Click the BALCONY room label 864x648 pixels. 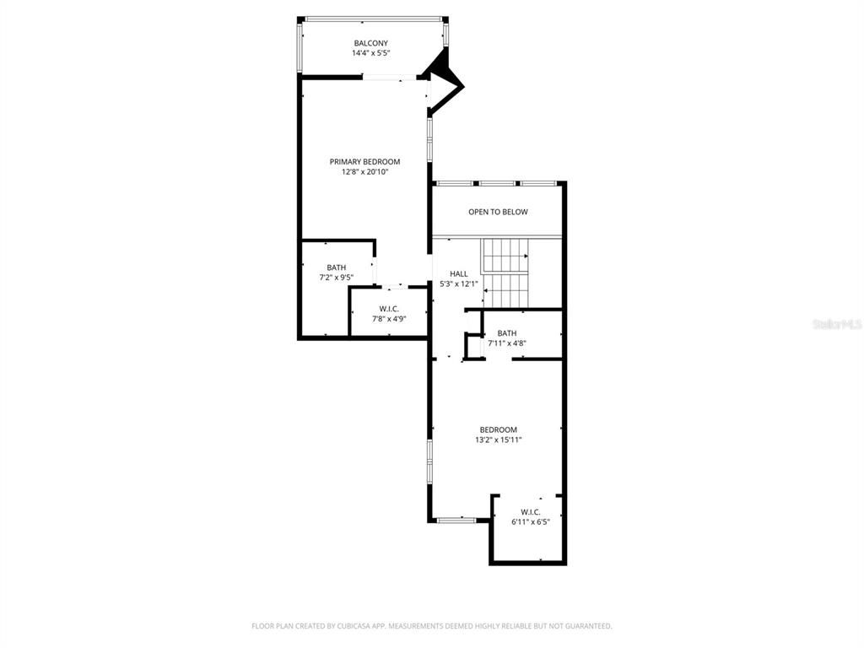tap(370, 43)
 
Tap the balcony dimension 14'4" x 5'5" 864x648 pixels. tap(370, 53)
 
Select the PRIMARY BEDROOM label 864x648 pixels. tap(364, 161)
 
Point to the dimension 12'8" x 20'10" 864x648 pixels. tap(364, 171)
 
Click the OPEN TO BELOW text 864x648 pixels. tap(498, 212)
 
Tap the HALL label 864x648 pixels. tap(458, 273)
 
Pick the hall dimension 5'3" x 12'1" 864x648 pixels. tap(458, 283)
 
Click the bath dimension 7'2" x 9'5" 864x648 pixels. tap(336, 277)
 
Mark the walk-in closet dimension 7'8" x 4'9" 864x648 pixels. tap(389, 319)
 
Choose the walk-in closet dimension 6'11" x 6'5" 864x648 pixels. tap(530, 521)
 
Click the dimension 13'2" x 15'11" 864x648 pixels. tap(498, 440)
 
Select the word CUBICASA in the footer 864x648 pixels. tap(344, 626)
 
